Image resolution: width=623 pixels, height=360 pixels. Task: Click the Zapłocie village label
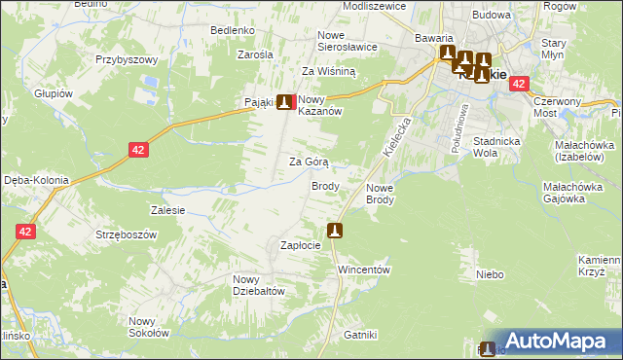300,246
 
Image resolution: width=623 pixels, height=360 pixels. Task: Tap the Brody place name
325,186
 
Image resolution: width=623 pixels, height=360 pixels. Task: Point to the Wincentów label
363,270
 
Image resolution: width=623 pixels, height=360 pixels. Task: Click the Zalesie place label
168,209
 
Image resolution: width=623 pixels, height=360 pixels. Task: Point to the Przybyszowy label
127,59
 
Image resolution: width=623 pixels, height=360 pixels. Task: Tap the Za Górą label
309,162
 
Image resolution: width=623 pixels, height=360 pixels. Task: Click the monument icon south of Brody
335,231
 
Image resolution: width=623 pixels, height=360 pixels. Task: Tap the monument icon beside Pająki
284,101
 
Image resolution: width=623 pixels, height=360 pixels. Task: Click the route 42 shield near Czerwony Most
518,85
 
